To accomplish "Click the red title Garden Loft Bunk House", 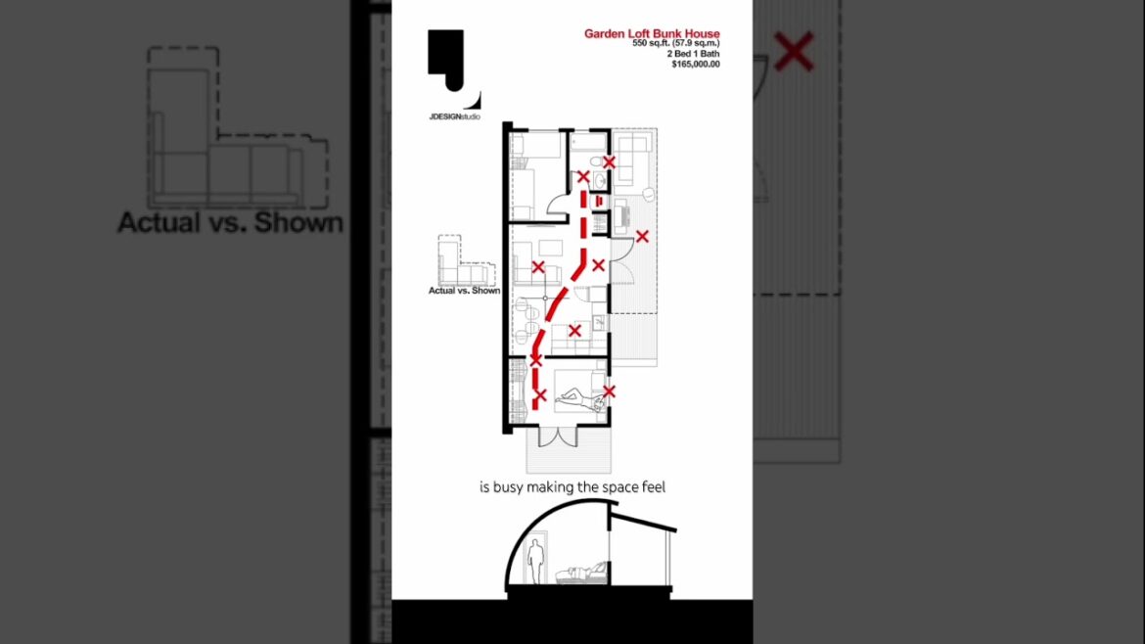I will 652,34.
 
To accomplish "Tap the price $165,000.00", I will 695,64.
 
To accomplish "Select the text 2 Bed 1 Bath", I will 693,54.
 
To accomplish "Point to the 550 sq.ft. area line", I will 675,44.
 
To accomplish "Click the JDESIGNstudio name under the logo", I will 454,117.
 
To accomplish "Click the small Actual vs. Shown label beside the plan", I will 464,291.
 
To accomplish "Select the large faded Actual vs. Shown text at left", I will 230,222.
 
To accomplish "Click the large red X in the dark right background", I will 794,51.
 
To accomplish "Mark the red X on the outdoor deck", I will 642,236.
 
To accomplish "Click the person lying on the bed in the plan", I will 576,399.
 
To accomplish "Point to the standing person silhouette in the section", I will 535,565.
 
